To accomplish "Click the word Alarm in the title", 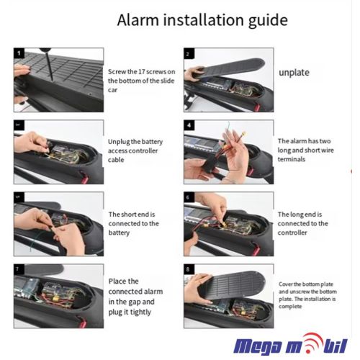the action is click(x=138, y=19).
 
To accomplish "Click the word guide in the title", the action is click(x=268, y=21).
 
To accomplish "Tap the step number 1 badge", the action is click(x=19, y=53).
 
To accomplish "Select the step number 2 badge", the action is click(x=189, y=53).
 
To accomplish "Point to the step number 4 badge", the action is click(x=189, y=125).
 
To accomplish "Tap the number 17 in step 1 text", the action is click(x=142, y=72).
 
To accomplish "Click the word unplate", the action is click(x=294, y=73).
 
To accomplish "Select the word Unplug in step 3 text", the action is click(x=119, y=142).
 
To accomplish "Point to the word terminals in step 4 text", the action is click(x=292, y=159).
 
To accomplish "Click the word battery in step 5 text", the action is click(x=119, y=233).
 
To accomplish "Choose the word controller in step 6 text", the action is click(x=292, y=233).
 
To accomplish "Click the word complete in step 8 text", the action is click(x=290, y=307).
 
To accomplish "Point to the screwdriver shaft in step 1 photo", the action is click(x=49, y=66).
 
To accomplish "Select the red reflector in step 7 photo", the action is click(x=82, y=323).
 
